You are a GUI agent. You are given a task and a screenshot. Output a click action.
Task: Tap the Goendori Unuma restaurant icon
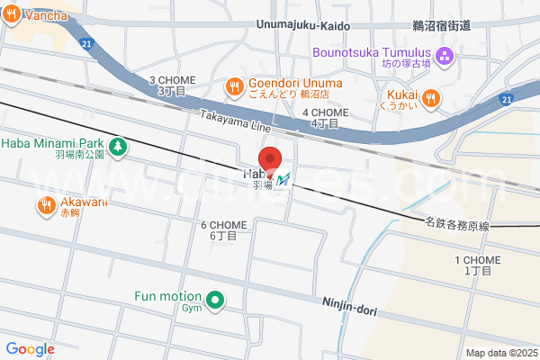click(x=233, y=86)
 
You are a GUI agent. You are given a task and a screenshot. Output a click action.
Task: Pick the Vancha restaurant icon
click(x=12, y=15)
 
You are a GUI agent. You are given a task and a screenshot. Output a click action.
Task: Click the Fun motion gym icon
click(x=215, y=301)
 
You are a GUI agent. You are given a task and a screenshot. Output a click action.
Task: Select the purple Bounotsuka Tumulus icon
click(x=441, y=56)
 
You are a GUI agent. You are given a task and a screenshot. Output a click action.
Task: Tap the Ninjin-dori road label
click(x=350, y=307)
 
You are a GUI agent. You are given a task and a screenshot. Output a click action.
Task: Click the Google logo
click(x=30, y=349)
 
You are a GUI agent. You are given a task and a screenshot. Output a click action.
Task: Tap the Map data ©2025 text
click(x=500, y=353)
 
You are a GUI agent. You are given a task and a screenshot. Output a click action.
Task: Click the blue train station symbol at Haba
click(x=284, y=180)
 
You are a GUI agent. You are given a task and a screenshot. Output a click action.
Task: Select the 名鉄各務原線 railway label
click(x=457, y=226)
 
